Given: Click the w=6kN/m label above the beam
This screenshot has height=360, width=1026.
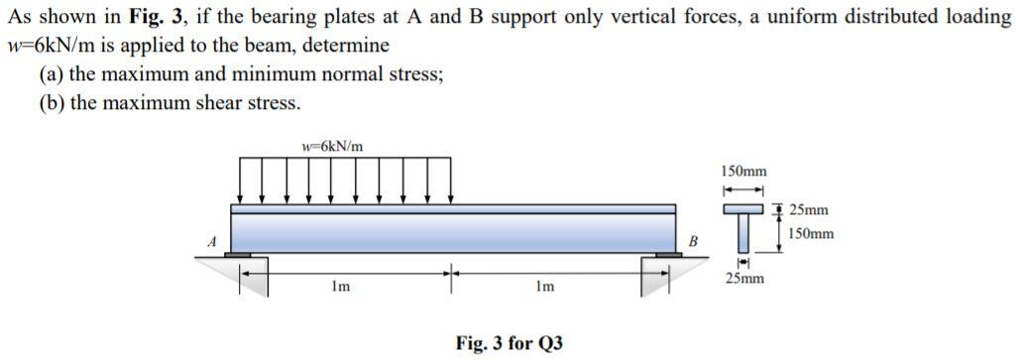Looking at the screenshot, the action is [x=332, y=147].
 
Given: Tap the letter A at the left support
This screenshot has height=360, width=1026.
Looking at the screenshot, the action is [x=210, y=239].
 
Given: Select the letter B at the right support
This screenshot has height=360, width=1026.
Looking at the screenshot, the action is [x=693, y=240].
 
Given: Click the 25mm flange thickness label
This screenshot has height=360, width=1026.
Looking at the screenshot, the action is [x=808, y=210].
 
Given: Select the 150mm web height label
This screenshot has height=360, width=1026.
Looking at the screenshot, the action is [x=811, y=234].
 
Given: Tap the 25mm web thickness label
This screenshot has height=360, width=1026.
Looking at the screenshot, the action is [x=743, y=280].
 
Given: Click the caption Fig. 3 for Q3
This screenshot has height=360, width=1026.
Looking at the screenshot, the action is [x=509, y=343].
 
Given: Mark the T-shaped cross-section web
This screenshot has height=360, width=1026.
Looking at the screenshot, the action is [x=742, y=234].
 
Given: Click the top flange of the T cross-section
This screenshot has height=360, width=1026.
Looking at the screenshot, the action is [x=742, y=209].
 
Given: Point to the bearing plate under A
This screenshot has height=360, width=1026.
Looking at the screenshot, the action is [x=238, y=256].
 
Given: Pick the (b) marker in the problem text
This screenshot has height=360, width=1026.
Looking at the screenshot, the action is [x=51, y=102].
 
